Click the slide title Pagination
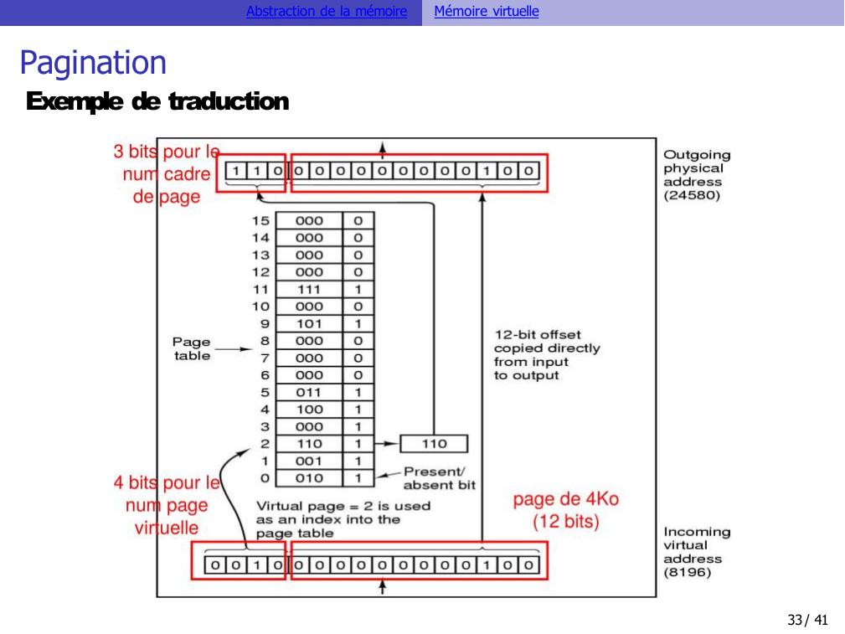click(93, 63)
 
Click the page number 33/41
click(807, 621)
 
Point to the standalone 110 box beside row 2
click(434, 444)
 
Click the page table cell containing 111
click(309, 289)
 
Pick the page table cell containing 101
click(309, 324)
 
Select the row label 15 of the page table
click(260, 221)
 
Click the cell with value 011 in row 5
click(309, 392)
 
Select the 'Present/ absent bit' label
click(440, 478)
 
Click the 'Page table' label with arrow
click(192, 348)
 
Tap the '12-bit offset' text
click(537, 335)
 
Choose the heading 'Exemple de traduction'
click(157, 103)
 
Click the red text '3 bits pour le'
click(167, 152)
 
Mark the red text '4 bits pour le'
click(167, 483)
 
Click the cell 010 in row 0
click(309, 478)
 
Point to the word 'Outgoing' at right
click(696, 155)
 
